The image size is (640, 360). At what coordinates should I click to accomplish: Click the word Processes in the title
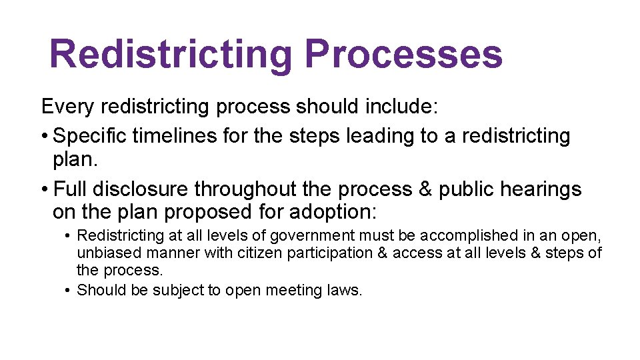[x=403, y=55]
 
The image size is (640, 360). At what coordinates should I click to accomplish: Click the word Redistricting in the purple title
[x=171, y=55]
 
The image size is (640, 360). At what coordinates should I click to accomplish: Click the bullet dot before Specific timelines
[x=44, y=137]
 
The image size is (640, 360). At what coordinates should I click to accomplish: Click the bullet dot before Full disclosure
[x=44, y=190]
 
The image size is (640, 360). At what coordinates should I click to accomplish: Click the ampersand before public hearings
[x=425, y=189]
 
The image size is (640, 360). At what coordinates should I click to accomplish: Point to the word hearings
[x=543, y=189]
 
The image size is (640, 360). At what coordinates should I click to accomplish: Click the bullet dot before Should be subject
[x=69, y=290]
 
